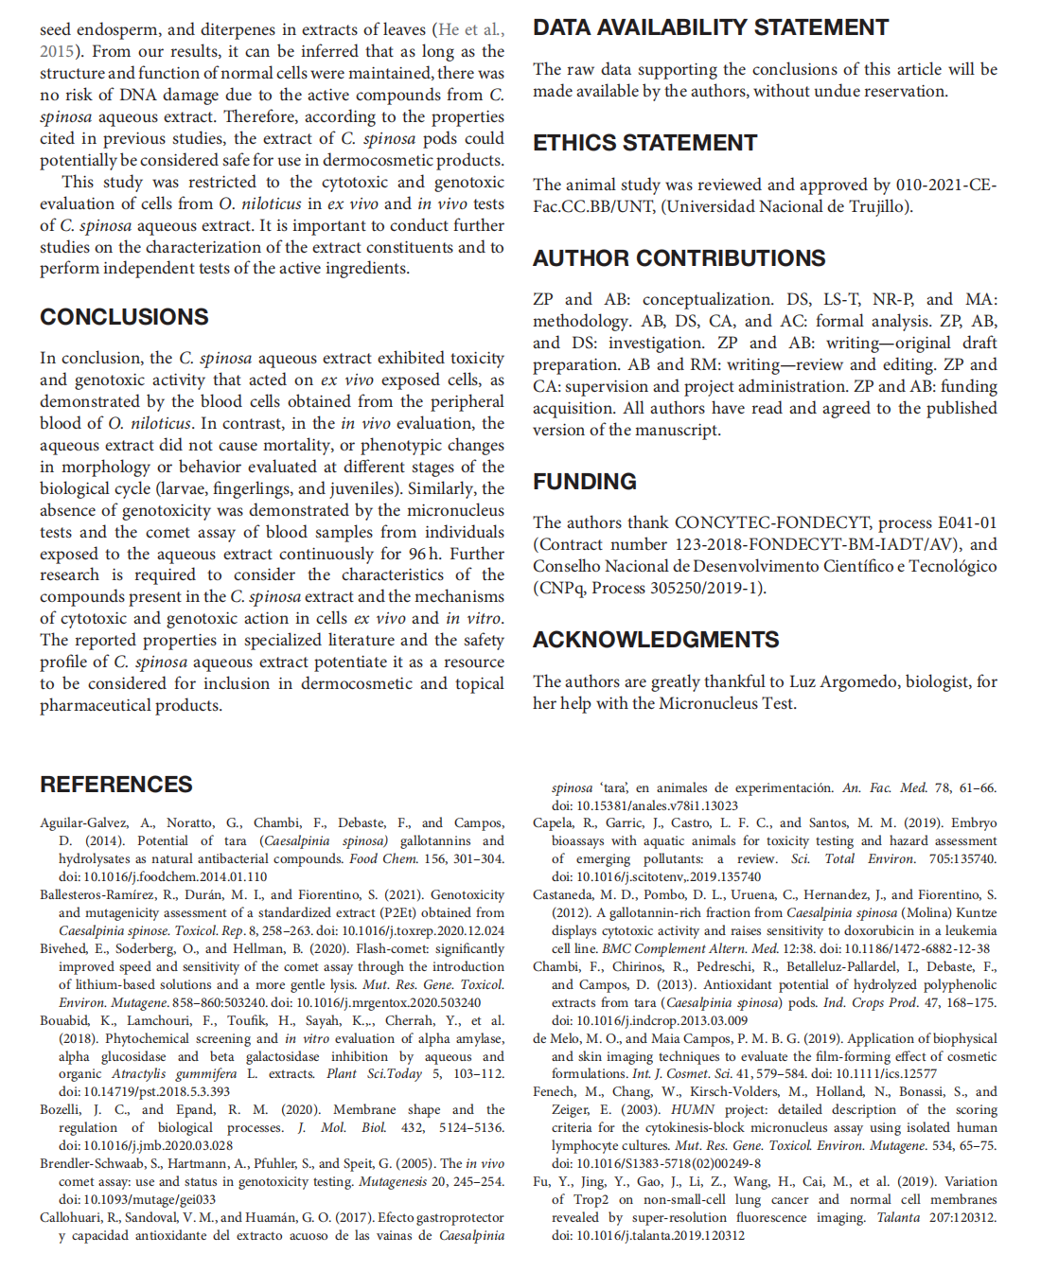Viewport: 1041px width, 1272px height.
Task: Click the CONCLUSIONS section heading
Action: pyautogui.click(x=124, y=317)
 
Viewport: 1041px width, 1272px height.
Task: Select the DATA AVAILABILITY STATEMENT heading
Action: pyautogui.click(x=711, y=27)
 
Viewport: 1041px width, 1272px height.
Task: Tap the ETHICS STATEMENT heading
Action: pyautogui.click(x=644, y=143)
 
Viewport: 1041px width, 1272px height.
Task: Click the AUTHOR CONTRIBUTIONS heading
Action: pyautogui.click(x=679, y=258)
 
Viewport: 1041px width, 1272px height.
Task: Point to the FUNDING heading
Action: pyautogui.click(x=584, y=482)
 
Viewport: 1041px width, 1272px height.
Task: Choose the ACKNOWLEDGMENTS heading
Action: pyautogui.click(x=656, y=640)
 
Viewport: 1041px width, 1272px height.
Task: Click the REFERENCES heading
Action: pyautogui.click(x=115, y=785)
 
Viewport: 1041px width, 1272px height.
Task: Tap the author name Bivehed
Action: pyautogui.click(x=63, y=948)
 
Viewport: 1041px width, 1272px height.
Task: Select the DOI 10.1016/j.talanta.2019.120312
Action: pyautogui.click(x=648, y=1235)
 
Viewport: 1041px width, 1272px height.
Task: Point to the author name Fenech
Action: pyautogui.click(x=554, y=1091)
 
